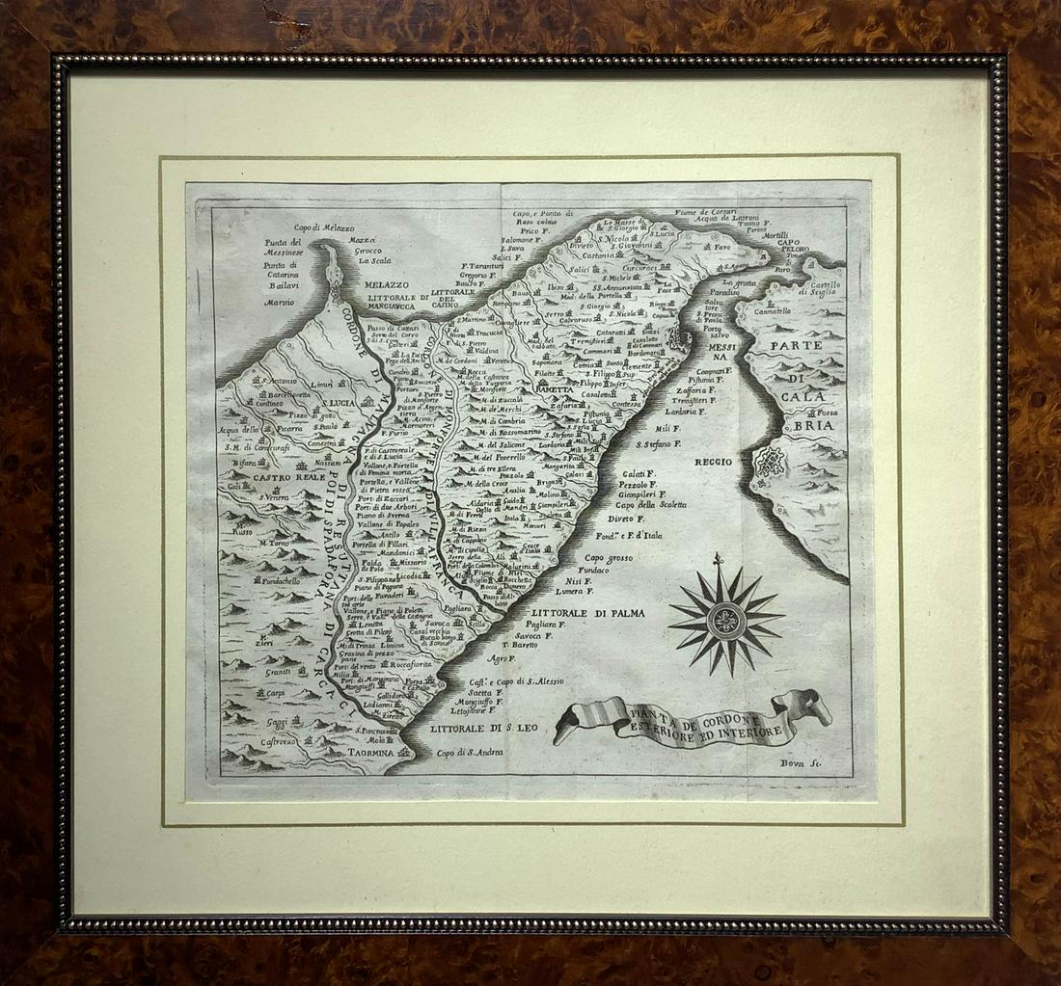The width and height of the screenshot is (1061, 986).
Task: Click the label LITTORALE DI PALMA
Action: click(581, 611)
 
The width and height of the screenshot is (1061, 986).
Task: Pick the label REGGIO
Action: click(715, 463)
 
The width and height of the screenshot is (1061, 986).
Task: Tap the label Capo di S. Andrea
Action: click(470, 754)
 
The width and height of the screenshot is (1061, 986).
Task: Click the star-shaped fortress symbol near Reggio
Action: click(771, 465)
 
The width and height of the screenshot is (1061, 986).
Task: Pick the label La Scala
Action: click(374, 260)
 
